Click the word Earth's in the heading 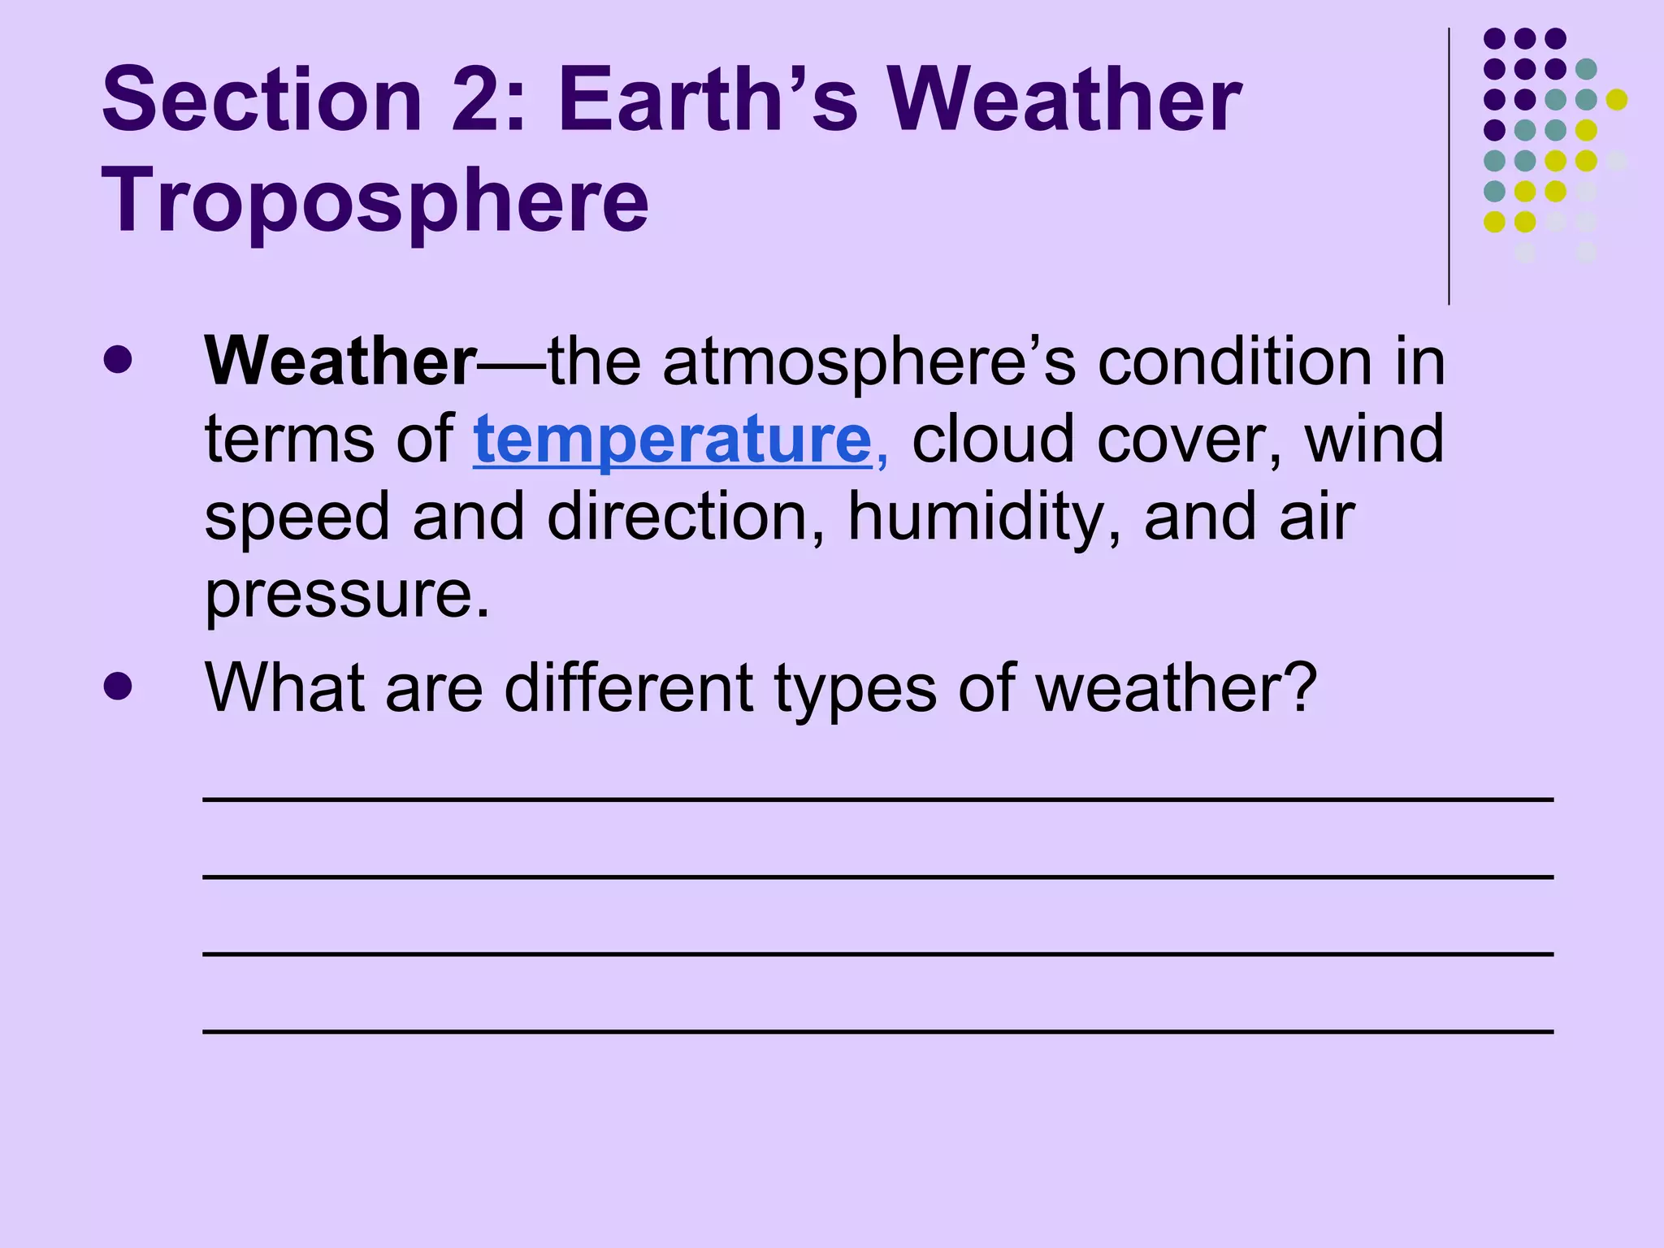(x=707, y=100)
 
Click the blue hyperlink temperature (x=672, y=440)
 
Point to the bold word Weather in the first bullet (x=340, y=362)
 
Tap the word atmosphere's (x=869, y=362)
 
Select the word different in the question (x=628, y=688)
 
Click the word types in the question (x=856, y=688)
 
